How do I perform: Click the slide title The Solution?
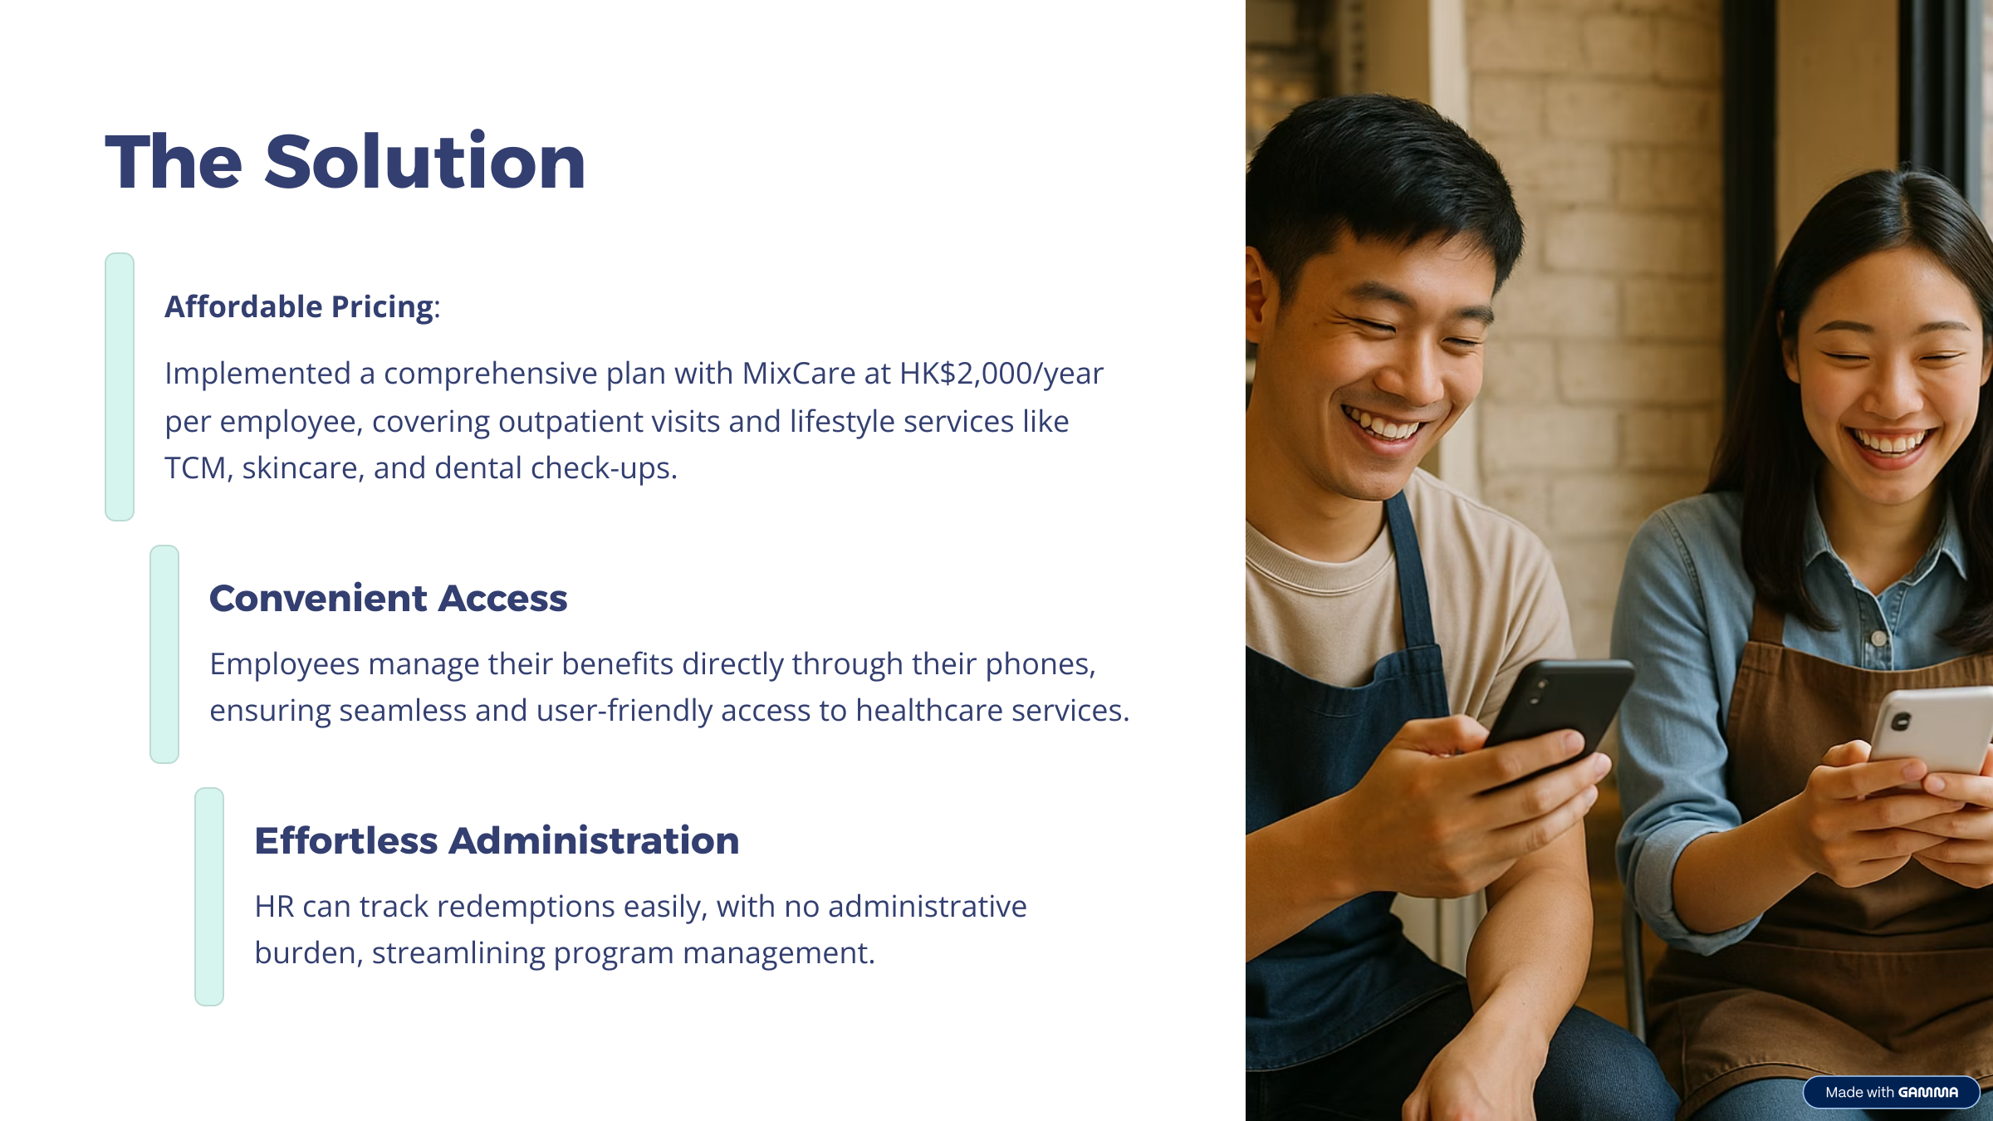[x=345, y=162]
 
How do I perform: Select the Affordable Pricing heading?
[x=299, y=306]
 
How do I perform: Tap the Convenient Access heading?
[x=388, y=598]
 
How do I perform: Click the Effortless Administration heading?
[x=497, y=840]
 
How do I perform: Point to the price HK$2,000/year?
[x=1001, y=374]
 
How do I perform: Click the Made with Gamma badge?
[x=1892, y=1092]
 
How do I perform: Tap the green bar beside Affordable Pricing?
[x=120, y=387]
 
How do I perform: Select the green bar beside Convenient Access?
[x=164, y=654]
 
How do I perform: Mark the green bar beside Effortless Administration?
[x=209, y=897]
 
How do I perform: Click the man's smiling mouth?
[x=1385, y=423]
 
